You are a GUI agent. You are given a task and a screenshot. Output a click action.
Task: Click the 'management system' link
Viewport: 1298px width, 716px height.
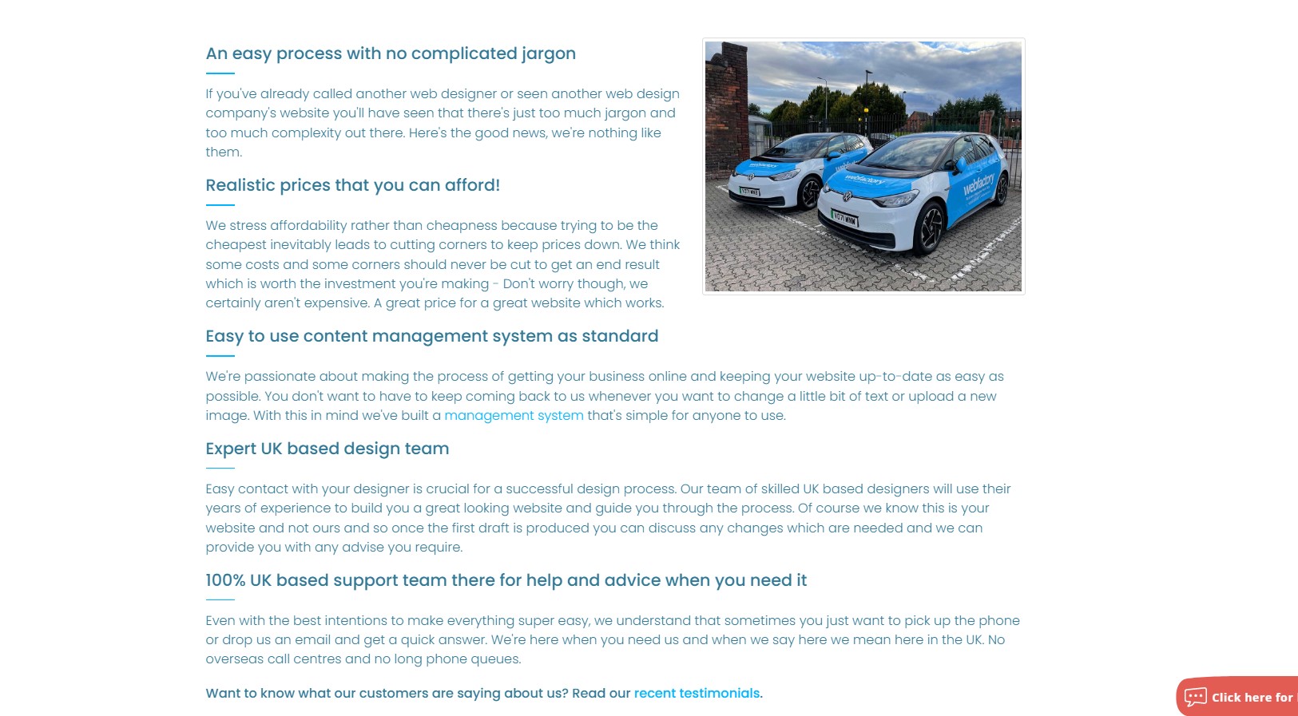pyautogui.click(x=514, y=416)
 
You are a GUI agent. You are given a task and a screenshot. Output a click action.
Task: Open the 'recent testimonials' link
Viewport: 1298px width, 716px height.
pyautogui.click(x=697, y=694)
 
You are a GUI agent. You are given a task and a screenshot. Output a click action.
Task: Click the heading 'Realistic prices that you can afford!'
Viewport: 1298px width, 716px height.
pyautogui.click(x=352, y=185)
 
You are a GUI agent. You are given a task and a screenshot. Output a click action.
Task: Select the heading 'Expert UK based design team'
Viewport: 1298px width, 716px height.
pyautogui.click(x=327, y=449)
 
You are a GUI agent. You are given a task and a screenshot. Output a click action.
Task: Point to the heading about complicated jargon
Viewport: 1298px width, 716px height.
pyautogui.click(x=390, y=53)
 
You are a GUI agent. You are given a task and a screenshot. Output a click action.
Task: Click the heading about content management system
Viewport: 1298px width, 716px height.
pyautogui.click(x=431, y=336)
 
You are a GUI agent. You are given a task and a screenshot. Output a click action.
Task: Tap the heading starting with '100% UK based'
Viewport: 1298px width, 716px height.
pyautogui.click(x=506, y=580)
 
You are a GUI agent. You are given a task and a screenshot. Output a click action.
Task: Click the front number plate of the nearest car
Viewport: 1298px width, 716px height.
pyautogui.click(x=844, y=218)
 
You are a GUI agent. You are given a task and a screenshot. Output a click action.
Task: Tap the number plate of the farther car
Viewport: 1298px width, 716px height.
pyautogui.click(x=749, y=192)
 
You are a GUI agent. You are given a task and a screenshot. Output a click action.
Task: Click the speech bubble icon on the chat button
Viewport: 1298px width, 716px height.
pyautogui.click(x=1196, y=697)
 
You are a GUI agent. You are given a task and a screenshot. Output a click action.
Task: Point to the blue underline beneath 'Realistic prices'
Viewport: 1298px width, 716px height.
pyautogui.click(x=220, y=205)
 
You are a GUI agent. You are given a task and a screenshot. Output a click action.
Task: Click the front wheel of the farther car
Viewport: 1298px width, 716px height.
pyautogui.click(x=810, y=194)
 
